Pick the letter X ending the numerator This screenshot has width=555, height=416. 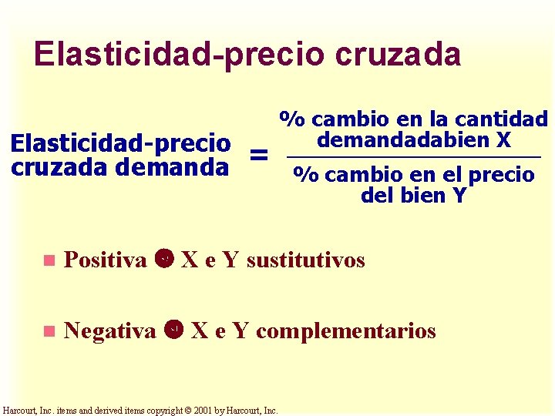point(503,140)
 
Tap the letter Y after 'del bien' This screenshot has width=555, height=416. point(459,196)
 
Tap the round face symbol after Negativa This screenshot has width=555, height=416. point(175,330)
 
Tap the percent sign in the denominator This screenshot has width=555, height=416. point(306,175)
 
